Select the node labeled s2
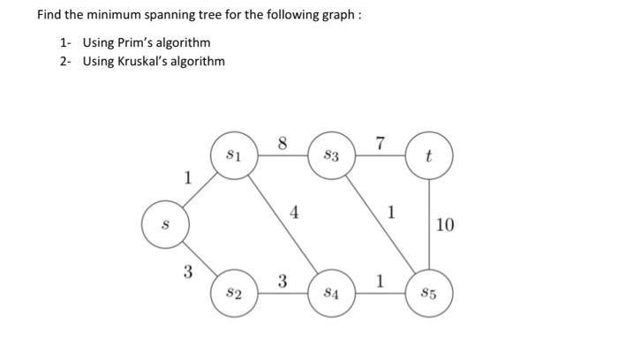pos(234,290)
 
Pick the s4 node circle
pos(331,290)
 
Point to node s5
pos(429,290)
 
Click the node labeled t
pos(429,158)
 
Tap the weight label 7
pos(380,144)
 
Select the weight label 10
pos(445,225)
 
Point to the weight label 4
pos(294,212)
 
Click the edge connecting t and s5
pos(429,224)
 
